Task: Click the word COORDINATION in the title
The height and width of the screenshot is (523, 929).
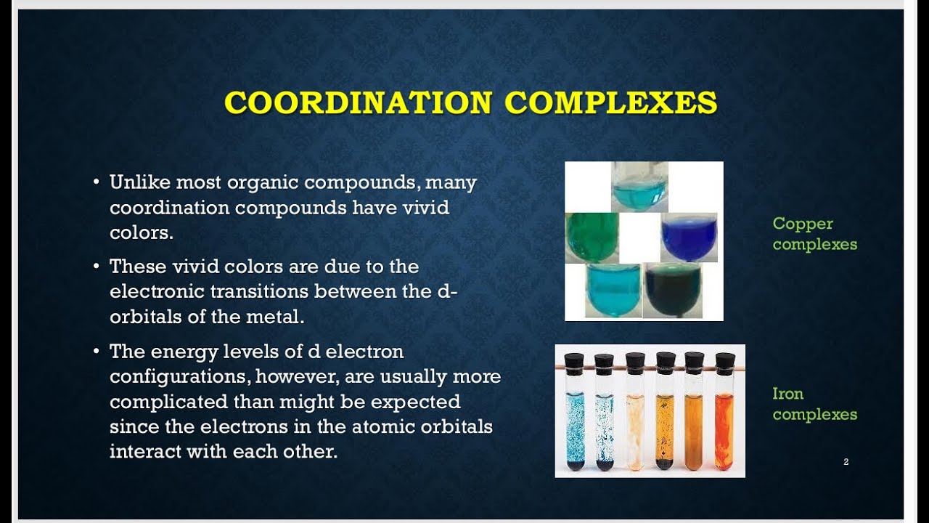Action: point(359,102)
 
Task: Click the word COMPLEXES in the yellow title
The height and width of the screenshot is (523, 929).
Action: point(610,102)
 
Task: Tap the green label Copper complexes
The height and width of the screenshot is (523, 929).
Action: point(814,234)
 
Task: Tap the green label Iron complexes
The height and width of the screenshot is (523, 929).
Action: point(814,404)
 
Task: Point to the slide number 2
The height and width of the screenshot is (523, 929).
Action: point(846,462)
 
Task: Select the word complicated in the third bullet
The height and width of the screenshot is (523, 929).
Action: point(168,402)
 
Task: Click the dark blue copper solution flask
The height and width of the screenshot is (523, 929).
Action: point(689,238)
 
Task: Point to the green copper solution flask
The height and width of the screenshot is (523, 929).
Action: point(592,238)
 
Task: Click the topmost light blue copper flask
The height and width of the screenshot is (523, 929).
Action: point(639,187)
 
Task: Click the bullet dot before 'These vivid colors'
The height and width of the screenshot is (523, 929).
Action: point(97,267)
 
